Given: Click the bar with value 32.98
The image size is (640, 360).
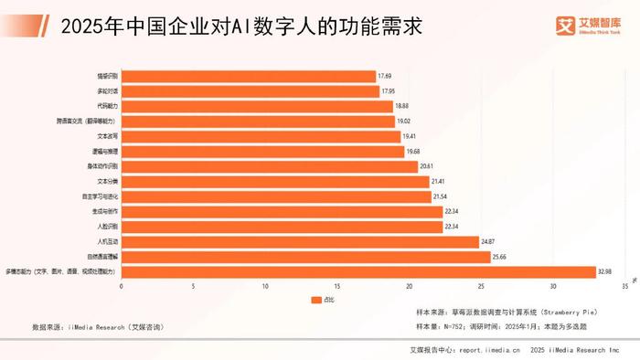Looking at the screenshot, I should pos(358,271).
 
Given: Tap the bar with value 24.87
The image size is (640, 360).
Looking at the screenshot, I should pos(300,241).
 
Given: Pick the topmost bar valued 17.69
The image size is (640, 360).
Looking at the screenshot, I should pos(248,76).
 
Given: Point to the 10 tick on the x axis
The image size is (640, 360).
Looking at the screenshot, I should pos(265,287).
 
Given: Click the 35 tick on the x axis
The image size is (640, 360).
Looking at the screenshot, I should pos(624,287).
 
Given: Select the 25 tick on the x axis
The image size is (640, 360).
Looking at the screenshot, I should pos(481,287).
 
